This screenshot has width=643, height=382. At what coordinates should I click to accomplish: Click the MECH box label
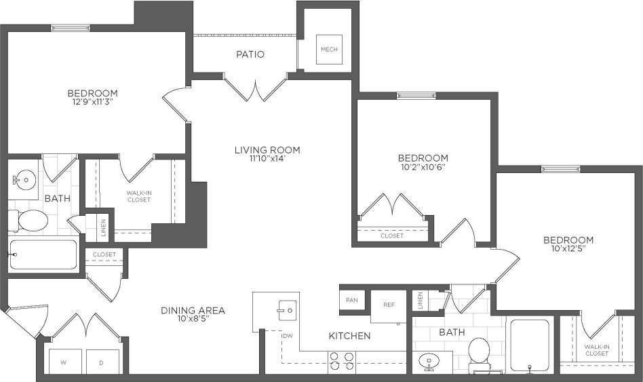(329, 50)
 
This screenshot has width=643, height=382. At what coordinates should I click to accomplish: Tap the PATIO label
(250, 54)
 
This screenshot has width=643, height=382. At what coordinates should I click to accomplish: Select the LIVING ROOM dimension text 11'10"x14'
(267, 160)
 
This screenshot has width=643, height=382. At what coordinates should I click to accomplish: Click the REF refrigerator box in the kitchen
(389, 305)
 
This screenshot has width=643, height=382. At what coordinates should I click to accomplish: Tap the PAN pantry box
(351, 300)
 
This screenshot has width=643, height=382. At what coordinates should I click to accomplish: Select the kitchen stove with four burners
(340, 362)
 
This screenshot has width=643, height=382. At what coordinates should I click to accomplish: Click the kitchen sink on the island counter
(286, 311)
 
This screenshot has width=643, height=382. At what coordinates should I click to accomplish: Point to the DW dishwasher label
(288, 335)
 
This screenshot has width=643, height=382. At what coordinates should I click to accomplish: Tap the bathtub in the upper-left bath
(43, 254)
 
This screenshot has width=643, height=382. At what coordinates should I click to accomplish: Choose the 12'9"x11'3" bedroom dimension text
(92, 103)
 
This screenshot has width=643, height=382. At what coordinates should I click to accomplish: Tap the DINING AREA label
(193, 311)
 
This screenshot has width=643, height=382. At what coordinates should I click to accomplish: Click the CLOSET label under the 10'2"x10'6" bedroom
(392, 236)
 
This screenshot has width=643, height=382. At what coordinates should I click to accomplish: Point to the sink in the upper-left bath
(24, 180)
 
